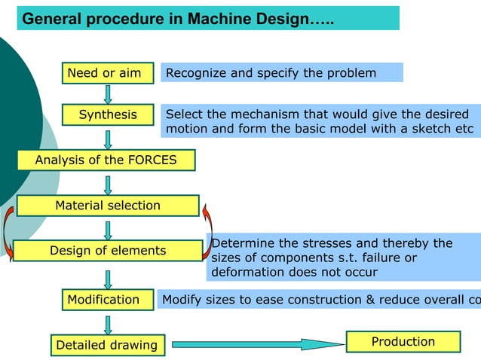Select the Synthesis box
point(108,114)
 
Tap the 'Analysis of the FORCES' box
point(106,160)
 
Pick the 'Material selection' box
point(108,206)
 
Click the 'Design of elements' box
point(108,251)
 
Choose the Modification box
point(104,300)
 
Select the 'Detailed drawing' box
point(107,345)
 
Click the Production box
point(403,342)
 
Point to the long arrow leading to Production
point(256,345)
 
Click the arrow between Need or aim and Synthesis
point(108,93)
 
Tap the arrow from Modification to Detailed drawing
point(108,322)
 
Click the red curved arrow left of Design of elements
point(8,233)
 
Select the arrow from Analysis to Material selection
point(108,184)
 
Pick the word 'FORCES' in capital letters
point(152,160)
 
